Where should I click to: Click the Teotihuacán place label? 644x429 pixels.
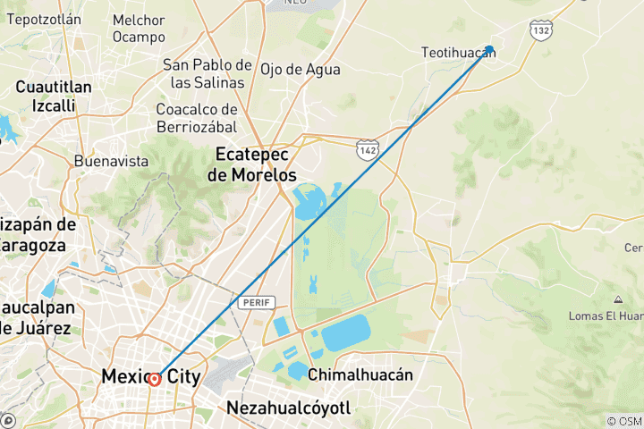458,53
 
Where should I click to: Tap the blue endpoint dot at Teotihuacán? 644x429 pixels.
490,50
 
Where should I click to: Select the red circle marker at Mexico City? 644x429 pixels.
155,379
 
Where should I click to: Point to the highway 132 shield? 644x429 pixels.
540,30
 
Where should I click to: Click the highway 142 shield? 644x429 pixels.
367,149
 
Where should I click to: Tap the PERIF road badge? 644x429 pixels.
251,303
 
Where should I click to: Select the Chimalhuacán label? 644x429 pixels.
360,375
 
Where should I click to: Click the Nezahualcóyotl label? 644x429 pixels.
288,408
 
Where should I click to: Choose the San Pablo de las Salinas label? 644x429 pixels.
207,73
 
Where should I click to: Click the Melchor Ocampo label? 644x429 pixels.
139,29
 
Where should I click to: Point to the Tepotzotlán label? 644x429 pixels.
44,19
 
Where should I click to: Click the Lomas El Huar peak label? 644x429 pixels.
606,315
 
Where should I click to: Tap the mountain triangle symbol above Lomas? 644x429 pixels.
618,299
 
